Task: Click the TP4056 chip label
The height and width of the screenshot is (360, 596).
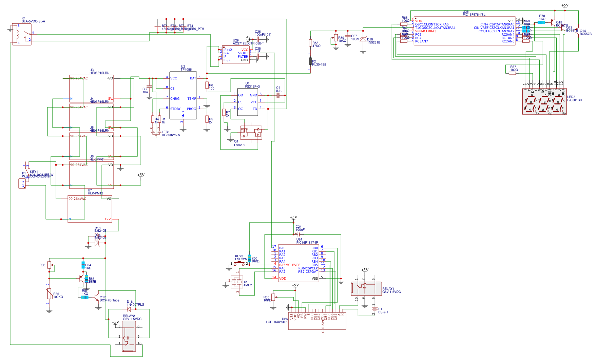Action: pos(186,70)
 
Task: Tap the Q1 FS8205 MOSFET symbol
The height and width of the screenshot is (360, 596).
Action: pos(251,133)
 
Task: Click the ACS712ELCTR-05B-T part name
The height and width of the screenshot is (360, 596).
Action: pos(248,43)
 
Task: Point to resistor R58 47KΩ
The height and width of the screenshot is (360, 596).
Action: pos(310,43)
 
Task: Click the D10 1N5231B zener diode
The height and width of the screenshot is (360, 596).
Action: pos(363,40)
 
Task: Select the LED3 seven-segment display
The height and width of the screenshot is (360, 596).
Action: pos(544,101)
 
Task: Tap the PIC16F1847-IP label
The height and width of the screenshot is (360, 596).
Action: pos(307,243)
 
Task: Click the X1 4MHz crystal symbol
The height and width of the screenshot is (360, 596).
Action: pos(238,282)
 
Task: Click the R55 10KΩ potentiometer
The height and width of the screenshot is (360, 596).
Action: pos(273,298)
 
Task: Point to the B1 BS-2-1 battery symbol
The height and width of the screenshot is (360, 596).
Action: pos(374,310)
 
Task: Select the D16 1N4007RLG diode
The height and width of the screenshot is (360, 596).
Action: pos(129,309)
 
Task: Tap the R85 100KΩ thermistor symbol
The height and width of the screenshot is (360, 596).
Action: pos(49,294)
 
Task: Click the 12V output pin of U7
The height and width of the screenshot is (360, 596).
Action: pos(108,219)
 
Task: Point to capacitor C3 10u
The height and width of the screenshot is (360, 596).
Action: pos(149,87)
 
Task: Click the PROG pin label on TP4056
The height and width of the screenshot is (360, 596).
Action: pos(191,109)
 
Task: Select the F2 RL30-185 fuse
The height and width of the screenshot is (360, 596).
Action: pos(310,61)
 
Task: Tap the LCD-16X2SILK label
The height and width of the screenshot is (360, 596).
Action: pos(276,322)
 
